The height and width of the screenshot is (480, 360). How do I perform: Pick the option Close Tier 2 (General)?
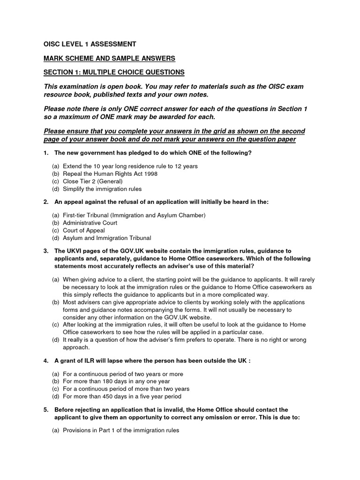point(93,181)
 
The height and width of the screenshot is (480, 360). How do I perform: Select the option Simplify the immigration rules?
point(102,189)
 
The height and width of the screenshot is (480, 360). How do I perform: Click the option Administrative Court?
point(90,223)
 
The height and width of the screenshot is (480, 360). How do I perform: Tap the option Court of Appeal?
point(84,231)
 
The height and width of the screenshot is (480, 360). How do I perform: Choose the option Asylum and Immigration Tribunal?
point(107,238)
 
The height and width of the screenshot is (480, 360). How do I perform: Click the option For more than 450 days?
point(119,397)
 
